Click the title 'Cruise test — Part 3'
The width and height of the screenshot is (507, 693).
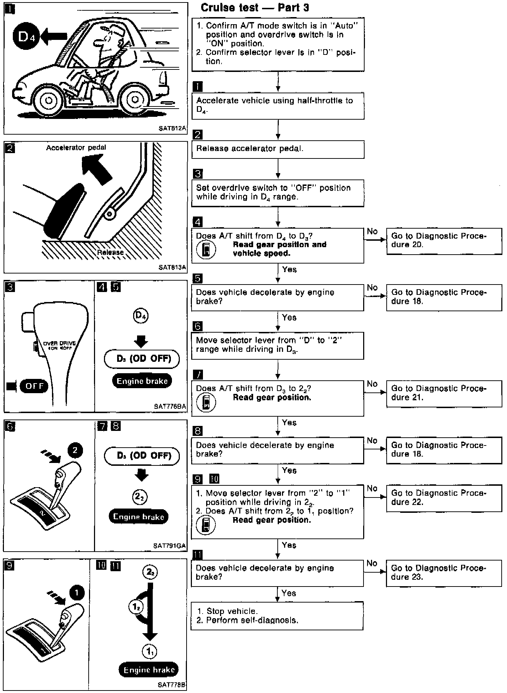click(255, 8)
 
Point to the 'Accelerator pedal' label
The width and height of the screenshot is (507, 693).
click(76, 147)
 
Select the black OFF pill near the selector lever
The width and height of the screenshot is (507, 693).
click(34, 386)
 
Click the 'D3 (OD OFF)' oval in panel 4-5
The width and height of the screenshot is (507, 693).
click(141, 359)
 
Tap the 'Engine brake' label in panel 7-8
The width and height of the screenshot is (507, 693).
click(138, 517)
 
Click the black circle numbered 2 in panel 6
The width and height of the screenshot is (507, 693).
click(75, 450)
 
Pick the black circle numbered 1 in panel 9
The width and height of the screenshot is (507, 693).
click(77, 593)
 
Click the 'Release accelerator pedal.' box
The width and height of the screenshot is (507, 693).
click(278, 149)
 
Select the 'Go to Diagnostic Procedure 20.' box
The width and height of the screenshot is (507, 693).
click(444, 241)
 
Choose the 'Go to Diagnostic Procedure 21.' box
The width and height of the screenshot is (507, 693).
click(444, 393)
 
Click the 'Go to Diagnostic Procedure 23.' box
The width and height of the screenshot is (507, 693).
click(444, 573)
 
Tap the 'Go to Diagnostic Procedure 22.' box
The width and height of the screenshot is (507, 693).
click(444, 498)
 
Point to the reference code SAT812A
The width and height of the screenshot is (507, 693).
click(172, 129)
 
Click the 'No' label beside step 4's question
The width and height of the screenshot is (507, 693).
click(372, 231)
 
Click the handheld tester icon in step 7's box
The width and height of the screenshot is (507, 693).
click(206, 403)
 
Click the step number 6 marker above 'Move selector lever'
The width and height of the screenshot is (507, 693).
click(197, 326)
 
